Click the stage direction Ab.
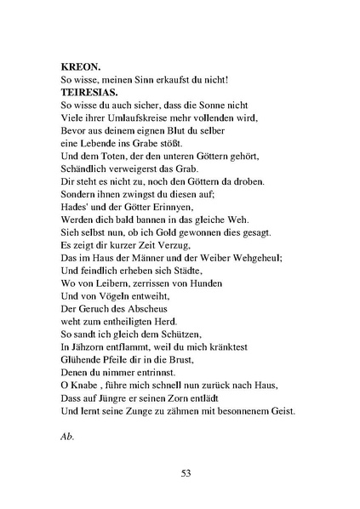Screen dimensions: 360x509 tap(69, 436)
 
